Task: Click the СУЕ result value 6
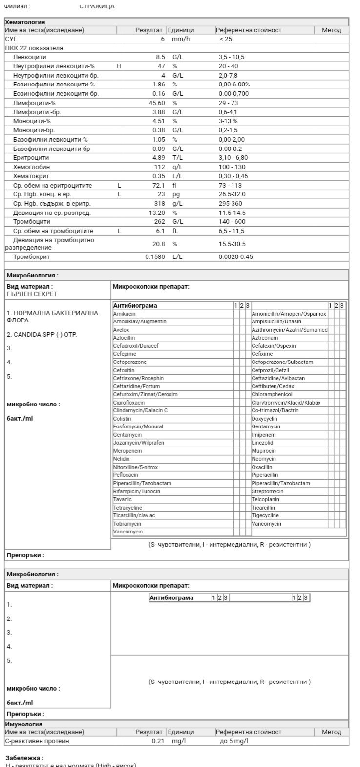coord(163,39)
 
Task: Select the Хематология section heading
coord(25,22)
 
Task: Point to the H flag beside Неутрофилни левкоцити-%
coord(119,66)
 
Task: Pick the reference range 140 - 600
coord(232,222)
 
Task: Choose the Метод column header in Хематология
coord(332,30)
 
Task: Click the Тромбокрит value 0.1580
coord(155,256)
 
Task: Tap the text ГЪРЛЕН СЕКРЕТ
coord(32,294)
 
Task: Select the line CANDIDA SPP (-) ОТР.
coord(42,335)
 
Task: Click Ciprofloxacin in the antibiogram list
coord(129,403)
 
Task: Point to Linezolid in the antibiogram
coord(263,443)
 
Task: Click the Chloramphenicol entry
coord(272,394)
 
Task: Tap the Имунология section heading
coord(23,724)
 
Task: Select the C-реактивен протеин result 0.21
coord(157,741)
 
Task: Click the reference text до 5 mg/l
coord(234,741)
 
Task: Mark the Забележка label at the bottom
coord(24,758)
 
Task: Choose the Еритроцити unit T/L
coord(177,158)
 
